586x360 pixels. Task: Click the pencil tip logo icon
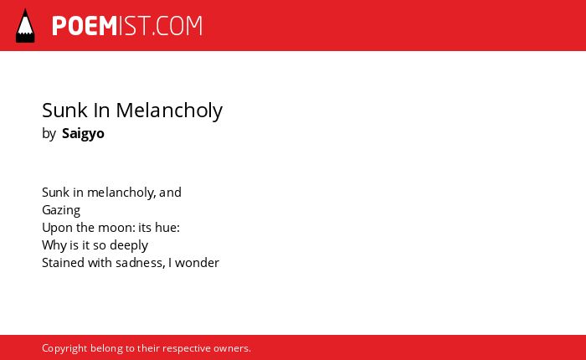tap(25, 26)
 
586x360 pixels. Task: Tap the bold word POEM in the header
tap(85, 26)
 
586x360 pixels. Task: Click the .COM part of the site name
tap(177, 26)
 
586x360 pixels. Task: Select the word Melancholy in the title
tap(169, 111)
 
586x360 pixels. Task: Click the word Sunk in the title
tap(59, 111)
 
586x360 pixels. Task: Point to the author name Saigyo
tap(83, 134)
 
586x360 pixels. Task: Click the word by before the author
tap(49, 134)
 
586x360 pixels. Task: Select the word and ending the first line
tap(170, 193)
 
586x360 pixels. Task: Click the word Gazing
tap(61, 210)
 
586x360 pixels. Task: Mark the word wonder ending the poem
tap(197, 263)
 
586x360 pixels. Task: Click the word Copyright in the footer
tap(64, 348)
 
